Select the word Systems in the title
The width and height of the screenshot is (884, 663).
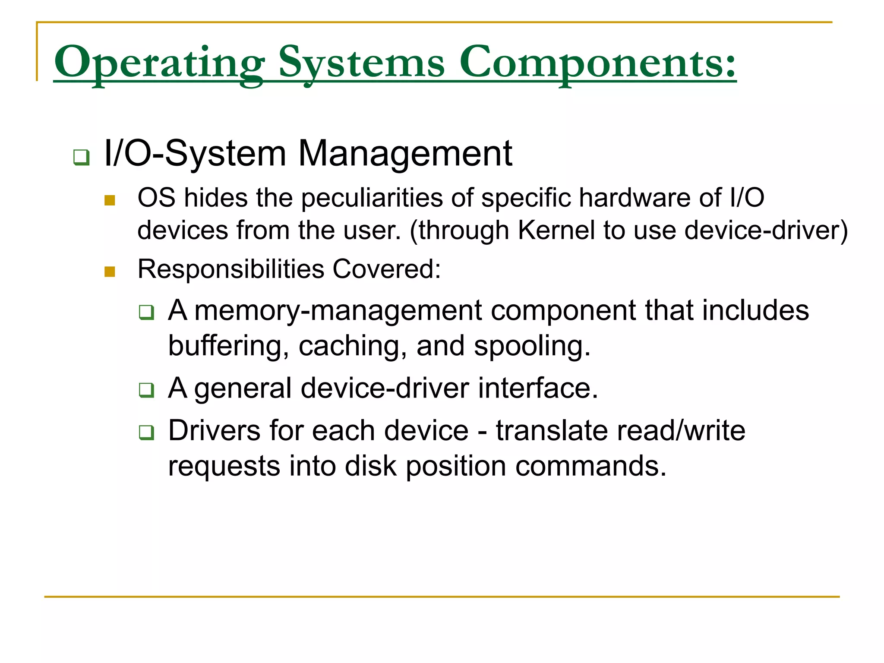[x=361, y=63]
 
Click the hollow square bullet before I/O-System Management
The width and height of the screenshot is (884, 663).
[x=81, y=157]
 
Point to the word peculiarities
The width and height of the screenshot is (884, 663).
[x=372, y=198]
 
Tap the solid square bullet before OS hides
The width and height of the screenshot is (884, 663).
[x=110, y=200]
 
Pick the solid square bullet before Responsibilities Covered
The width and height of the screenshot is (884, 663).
[x=110, y=272]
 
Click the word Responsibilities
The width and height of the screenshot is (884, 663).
[x=230, y=269]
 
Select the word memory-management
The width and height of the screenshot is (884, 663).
[x=338, y=311]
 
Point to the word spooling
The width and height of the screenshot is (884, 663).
[x=532, y=346]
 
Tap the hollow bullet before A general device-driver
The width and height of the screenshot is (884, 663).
[x=146, y=390]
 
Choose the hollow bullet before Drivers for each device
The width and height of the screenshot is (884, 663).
[x=146, y=433]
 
